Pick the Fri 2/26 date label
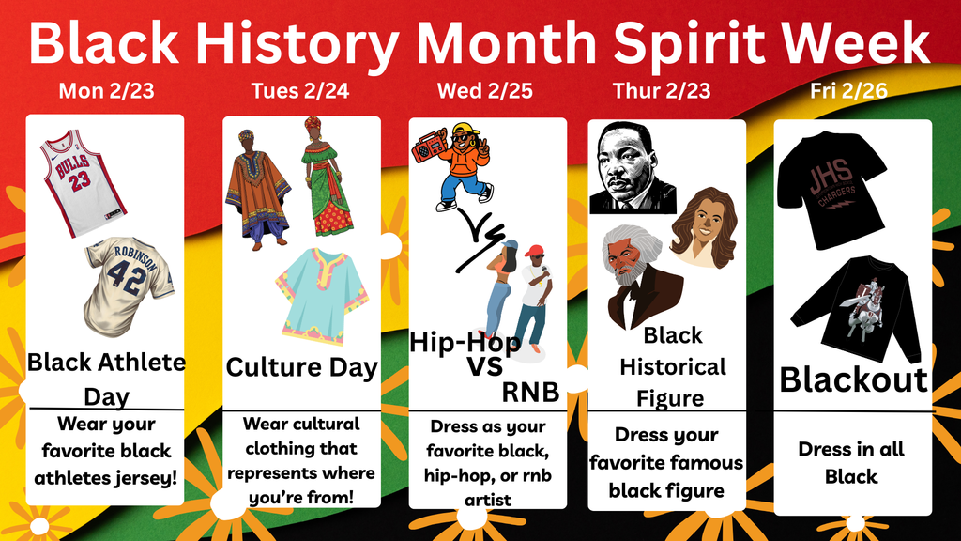tap(849, 91)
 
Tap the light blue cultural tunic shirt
tap(321, 294)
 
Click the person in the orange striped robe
tap(256, 191)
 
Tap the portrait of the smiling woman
tap(703, 226)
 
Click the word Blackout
tap(853, 379)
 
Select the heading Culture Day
tap(301, 367)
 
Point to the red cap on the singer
tap(534, 251)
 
